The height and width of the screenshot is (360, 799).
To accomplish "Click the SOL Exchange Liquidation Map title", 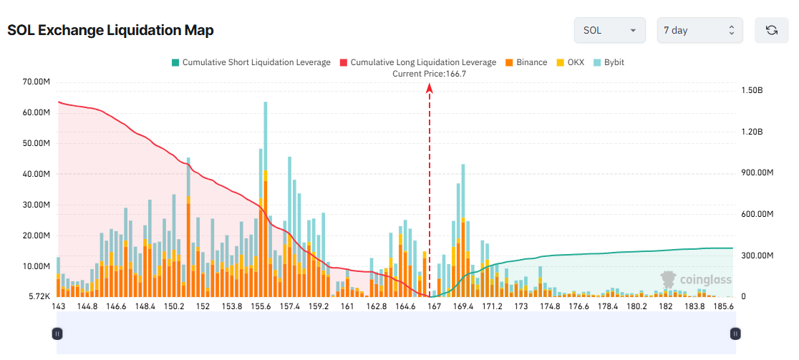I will pos(110,30).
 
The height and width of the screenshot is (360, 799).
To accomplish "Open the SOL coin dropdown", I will pos(609,30).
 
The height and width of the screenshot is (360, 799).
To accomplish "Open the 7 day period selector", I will pos(699,30).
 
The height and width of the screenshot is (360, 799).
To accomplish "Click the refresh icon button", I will pos(771,30).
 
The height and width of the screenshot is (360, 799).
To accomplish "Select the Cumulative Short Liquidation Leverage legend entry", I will pos(251,62).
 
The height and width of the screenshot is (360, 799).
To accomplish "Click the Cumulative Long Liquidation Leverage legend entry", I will pos(417,62).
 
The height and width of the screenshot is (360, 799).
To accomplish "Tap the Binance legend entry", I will pos(526,62).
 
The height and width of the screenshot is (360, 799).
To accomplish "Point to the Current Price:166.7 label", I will pos(430,73).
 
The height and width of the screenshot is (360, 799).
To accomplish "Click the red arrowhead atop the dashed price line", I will pos(430,87).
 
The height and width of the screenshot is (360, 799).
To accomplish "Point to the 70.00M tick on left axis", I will pos(36,82).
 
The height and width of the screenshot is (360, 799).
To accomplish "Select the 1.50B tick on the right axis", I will pos(752,90).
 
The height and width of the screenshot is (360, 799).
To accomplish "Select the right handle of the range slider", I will pos(735,334).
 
